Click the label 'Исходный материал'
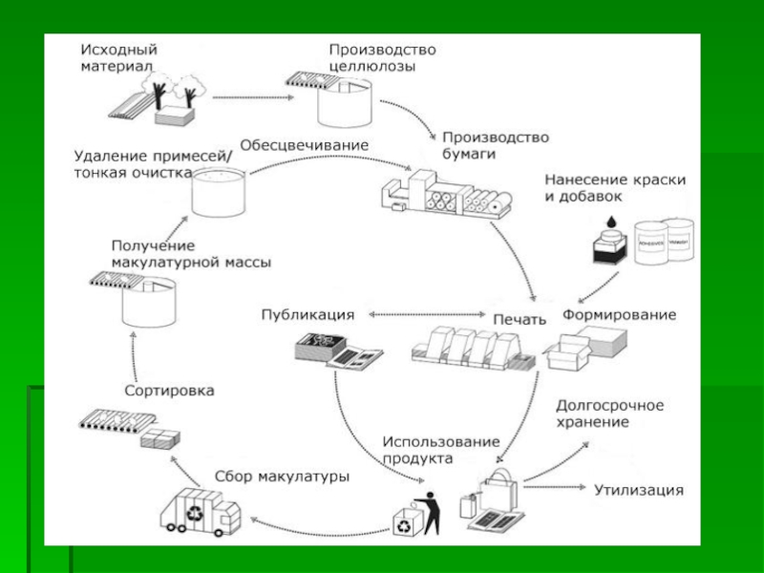point(118,57)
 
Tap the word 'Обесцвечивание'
point(304,145)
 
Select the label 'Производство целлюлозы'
point(382,57)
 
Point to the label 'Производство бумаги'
point(495,145)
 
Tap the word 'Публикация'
point(308,314)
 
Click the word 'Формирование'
point(618,314)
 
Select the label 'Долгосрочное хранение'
point(609,414)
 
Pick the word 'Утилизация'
point(639,491)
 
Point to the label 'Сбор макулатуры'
point(282,476)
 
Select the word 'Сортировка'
point(169,391)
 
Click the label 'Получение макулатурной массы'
point(191,253)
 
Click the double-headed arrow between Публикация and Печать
point(424,314)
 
